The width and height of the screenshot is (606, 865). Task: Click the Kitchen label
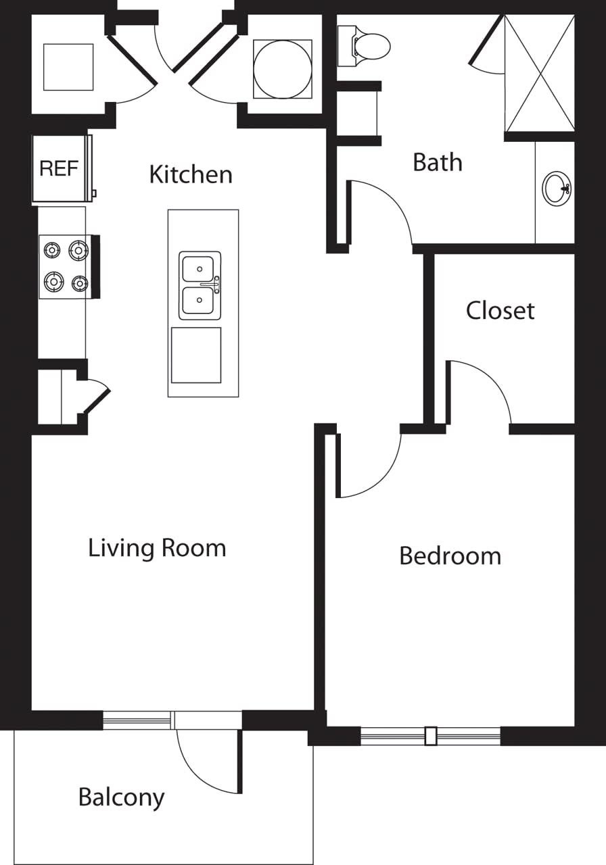(191, 174)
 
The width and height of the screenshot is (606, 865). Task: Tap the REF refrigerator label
(59, 168)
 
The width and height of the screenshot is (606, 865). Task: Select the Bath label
(438, 162)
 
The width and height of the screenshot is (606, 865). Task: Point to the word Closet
(500, 310)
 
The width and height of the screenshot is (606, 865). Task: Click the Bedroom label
(450, 556)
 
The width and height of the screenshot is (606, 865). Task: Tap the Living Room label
(157, 547)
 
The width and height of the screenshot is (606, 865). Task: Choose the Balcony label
(121, 797)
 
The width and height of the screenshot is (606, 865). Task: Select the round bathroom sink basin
(556, 189)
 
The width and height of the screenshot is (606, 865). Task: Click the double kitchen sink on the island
(200, 285)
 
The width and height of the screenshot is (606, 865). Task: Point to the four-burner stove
(65, 266)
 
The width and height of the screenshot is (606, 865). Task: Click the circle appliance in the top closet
(283, 70)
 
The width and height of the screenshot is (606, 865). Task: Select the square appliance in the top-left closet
(68, 67)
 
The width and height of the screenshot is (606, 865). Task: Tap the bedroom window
(430, 735)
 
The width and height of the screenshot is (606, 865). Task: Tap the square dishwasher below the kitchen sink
(196, 355)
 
